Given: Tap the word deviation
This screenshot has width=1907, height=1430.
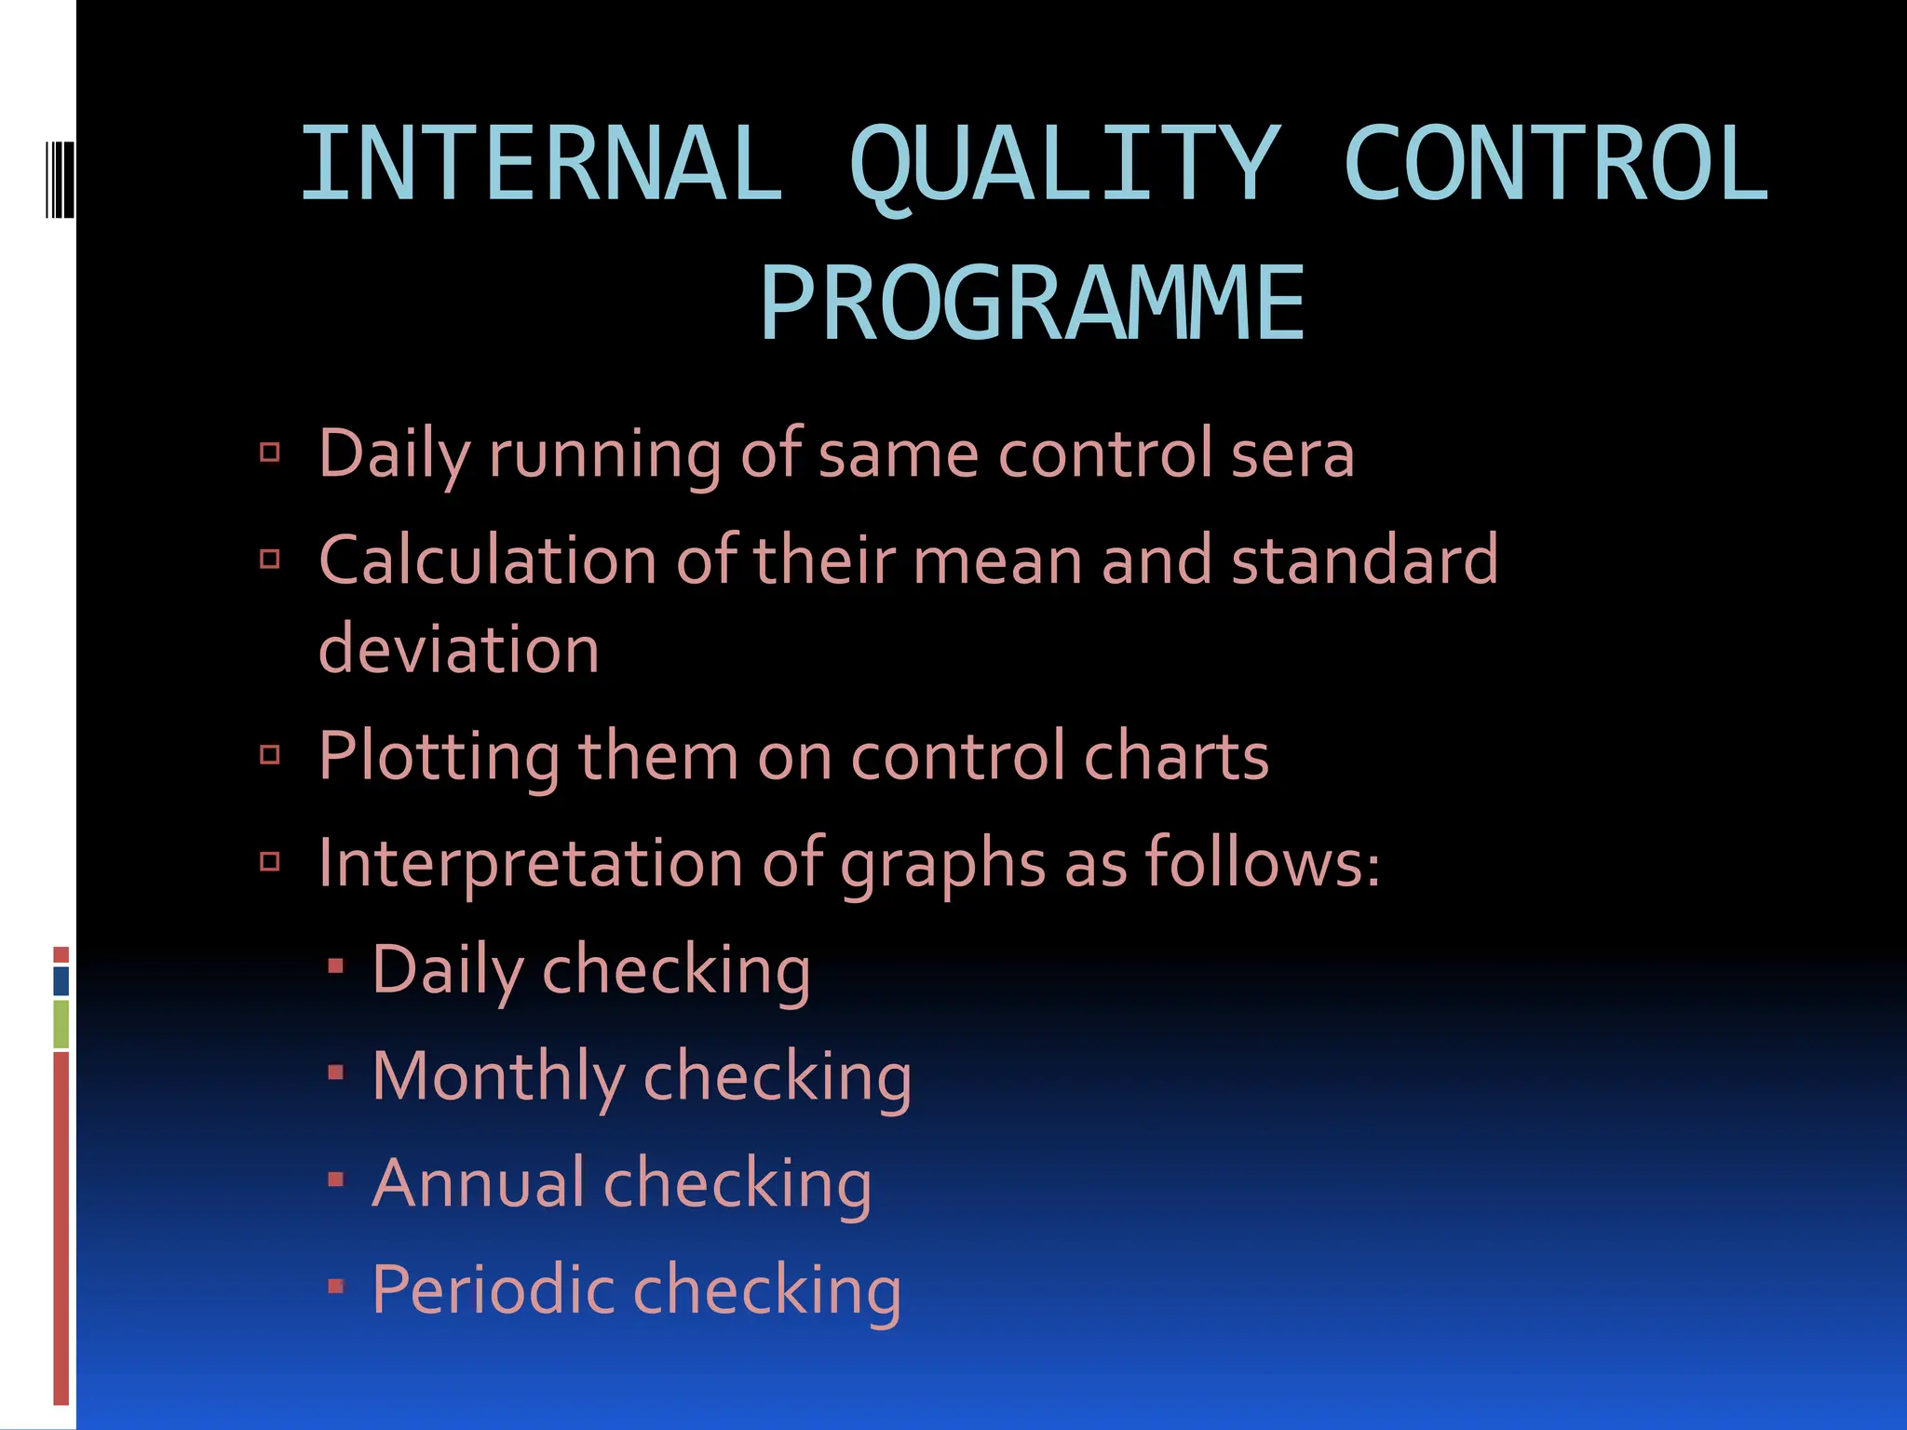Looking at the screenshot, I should pyautogui.click(x=458, y=649).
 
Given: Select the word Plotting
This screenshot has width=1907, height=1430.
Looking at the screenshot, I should pyautogui.click(x=439, y=756).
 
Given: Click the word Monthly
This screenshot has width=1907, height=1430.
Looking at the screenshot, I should pyautogui.click(x=498, y=1077).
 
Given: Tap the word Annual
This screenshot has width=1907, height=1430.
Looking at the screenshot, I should pyautogui.click(x=479, y=1183).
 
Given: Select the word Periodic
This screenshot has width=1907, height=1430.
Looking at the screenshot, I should pyautogui.click(x=493, y=1290).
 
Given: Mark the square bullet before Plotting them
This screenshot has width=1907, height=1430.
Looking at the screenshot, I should pyautogui.click(x=270, y=754).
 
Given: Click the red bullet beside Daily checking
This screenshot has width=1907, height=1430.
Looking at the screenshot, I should pyautogui.click(x=336, y=966).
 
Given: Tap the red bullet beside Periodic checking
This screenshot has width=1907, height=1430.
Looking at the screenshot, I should pyautogui.click(x=336, y=1287).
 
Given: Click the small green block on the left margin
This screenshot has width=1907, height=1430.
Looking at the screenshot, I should pyautogui.click(x=61, y=1023).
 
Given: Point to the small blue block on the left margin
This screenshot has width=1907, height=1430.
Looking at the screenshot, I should pyautogui.click(x=61, y=980).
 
